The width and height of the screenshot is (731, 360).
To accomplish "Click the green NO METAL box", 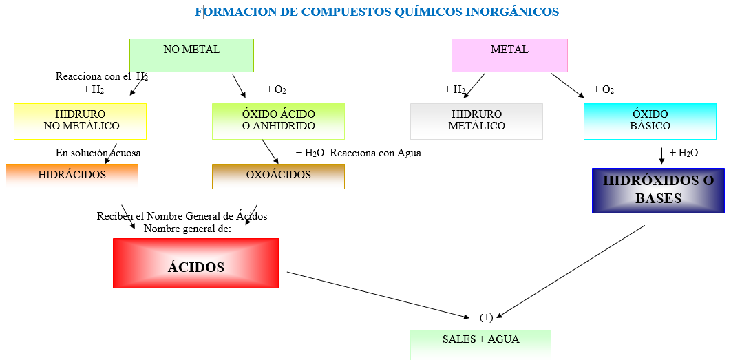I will tap(191, 55).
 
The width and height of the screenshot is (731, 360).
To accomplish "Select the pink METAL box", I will tap(509, 55).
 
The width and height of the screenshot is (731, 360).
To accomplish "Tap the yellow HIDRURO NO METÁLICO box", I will tap(81, 121).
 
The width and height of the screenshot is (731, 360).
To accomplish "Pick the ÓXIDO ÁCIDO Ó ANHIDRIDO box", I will tap(278, 121).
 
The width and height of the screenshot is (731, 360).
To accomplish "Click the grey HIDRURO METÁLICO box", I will tap(476, 121).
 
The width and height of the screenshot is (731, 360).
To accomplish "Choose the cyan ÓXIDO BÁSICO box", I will tap(650, 121).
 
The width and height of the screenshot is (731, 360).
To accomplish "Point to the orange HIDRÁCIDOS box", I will tap(72, 176).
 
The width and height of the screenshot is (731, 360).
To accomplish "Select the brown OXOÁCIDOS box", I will tap(278, 176).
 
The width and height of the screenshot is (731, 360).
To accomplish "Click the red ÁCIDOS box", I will tap(195, 264).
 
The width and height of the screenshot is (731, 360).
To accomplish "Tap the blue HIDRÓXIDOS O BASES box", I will tap(658, 191).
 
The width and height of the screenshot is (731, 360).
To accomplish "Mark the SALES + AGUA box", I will tap(480, 343).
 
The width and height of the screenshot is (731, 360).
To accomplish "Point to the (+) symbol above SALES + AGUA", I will tap(486, 317).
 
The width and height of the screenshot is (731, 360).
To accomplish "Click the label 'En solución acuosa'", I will tap(98, 153).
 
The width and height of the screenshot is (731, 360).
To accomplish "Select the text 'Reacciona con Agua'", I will tap(375, 153).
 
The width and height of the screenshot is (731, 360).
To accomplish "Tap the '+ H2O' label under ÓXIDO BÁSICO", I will tap(684, 153).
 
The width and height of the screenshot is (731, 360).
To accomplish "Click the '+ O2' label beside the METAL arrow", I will tap(604, 90).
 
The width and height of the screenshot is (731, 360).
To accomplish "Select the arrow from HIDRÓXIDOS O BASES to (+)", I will tap(571, 271).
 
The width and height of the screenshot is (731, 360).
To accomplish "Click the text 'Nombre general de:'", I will tap(187, 229).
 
